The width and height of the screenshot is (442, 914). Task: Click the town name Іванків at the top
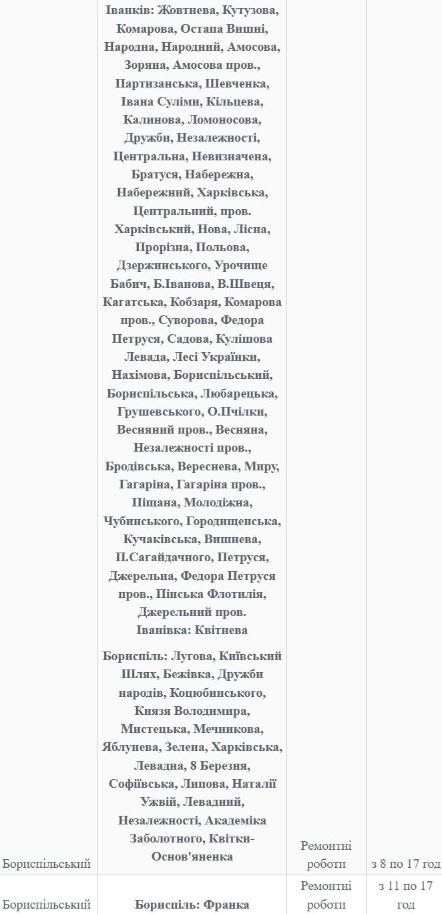tap(129, 11)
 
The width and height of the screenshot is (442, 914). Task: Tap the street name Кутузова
tap(250, 11)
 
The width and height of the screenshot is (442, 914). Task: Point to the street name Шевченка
tap(241, 84)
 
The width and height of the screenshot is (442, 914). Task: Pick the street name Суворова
tap(192, 320)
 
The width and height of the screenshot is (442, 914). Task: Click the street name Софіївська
tap(140, 784)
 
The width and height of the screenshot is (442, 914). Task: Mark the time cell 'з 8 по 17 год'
tap(406, 865)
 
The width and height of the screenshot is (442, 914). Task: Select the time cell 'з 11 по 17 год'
tap(406, 895)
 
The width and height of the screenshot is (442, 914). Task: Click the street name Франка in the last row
tap(226, 905)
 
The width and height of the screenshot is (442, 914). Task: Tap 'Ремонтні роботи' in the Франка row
tap(326, 895)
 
